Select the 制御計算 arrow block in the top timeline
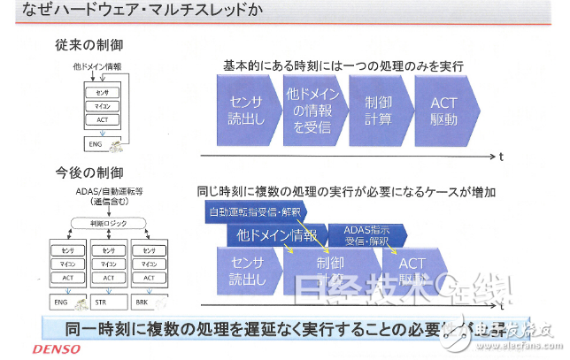[378, 110]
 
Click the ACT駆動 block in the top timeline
[447, 110]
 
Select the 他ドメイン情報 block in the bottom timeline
[274, 235]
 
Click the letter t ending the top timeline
[501, 156]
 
